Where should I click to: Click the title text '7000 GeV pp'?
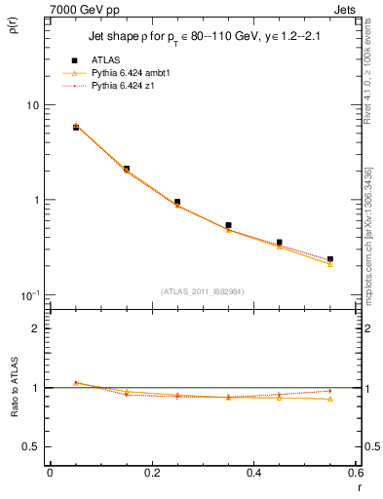click(x=80, y=9)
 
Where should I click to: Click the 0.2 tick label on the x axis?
click(x=151, y=473)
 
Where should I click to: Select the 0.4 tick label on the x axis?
click(x=253, y=473)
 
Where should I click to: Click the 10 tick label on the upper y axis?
click(x=31, y=105)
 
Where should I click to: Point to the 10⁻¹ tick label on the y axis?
click(x=29, y=294)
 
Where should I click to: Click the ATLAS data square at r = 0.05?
click(x=76, y=128)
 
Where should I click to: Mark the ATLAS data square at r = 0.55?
click(x=330, y=259)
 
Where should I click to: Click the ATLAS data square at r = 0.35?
click(x=228, y=225)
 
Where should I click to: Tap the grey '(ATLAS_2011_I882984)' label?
click(x=203, y=290)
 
